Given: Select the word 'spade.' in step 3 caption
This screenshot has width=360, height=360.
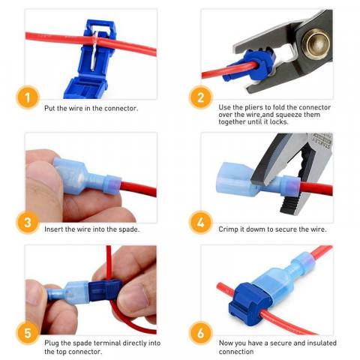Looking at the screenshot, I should tap(127, 229).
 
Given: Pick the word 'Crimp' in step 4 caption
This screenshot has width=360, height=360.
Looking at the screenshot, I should tap(229, 229).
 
